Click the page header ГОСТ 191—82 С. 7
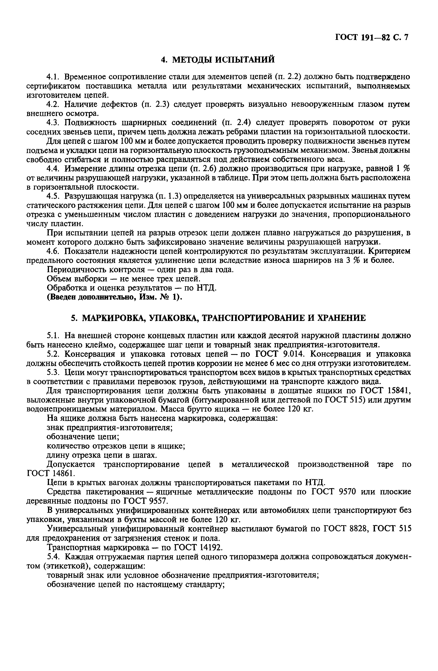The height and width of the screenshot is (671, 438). [371, 38]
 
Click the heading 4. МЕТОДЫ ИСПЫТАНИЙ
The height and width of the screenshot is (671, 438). [217, 60]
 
